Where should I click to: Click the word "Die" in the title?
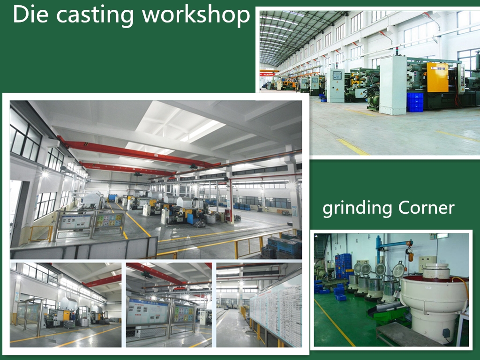(x=30, y=14)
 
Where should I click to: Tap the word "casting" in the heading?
(x=95, y=16)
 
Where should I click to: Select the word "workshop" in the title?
(x=196, y=15)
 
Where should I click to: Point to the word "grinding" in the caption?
(x=357, y=209)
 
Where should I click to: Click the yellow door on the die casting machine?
(x=437, y=77)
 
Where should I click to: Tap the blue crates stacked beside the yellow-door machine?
(x=415, y=102)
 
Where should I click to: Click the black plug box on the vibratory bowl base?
(x=447, y=333)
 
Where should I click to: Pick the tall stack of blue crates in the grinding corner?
(x=343, y=266)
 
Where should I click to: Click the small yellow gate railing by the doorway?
(x=41, y=233)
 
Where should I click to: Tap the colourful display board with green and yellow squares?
(x=110, y=220)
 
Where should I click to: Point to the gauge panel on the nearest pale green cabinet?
(x=337, y=75)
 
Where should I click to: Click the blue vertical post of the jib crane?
(x=378, y=251)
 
